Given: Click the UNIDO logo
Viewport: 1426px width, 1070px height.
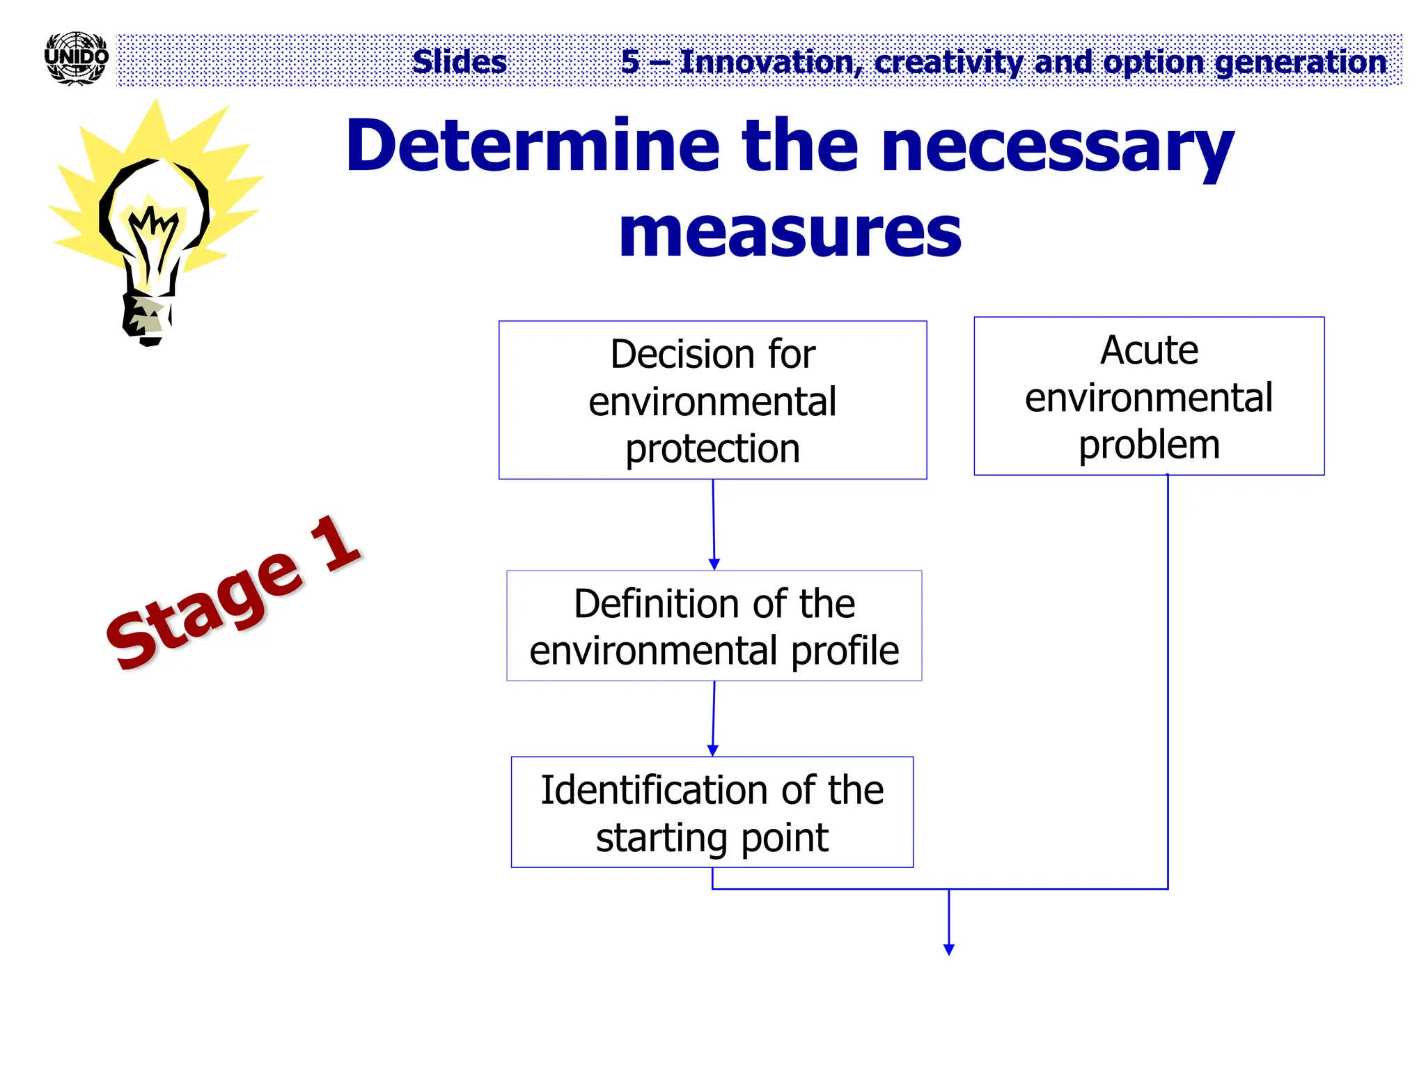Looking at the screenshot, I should [x=76, y=59].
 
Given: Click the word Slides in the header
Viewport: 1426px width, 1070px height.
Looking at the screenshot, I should [x=459, y=62].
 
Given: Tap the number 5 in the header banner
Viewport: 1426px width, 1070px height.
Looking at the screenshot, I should [x=629, y=62].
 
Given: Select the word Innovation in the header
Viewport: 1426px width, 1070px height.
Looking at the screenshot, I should [x=767, y=62].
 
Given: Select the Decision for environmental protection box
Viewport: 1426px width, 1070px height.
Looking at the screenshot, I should [x=712, y=400].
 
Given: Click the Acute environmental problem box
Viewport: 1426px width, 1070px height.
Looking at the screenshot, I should [x=1149, y=396].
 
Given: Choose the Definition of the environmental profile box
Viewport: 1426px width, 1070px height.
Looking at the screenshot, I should [x=714, y=626].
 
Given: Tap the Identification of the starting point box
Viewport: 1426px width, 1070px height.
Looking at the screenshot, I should [x=712, y=812].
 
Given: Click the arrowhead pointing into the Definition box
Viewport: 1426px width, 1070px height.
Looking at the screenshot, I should [x=714, y=564].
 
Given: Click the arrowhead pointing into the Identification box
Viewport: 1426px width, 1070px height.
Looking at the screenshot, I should [x=712, y=750].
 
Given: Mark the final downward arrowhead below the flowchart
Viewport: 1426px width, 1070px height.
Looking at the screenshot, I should [x=948, y=949].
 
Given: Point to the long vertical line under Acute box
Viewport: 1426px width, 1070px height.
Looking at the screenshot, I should [x=1167, y=683].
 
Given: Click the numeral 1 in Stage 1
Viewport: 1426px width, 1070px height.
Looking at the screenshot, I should [x=334, y=543].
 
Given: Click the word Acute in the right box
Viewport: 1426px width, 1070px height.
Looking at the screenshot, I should [x=1149, y=350].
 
